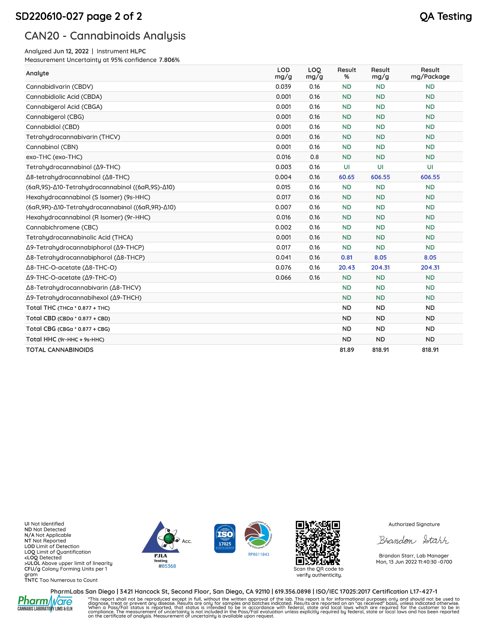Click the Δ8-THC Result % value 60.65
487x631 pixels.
click(346, 177)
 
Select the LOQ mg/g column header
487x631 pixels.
click(314, 73)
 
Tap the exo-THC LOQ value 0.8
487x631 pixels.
click(314, 157)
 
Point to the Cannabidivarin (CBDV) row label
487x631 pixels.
click(59, 87)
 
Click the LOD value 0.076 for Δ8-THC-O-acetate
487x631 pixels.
click(283, 268)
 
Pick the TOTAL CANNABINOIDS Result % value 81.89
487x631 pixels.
click(346, 350)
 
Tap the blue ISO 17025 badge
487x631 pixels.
click(225, 538)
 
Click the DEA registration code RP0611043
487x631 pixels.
click(259, 555)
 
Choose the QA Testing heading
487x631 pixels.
click(445, 16)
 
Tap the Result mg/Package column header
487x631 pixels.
click(430, 73)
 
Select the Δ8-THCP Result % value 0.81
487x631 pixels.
click(346, 257)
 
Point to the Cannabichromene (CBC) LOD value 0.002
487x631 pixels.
click(283, 227)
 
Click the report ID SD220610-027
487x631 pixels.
click(50, 16)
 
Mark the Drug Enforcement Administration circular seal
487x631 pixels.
click(259, 535)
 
